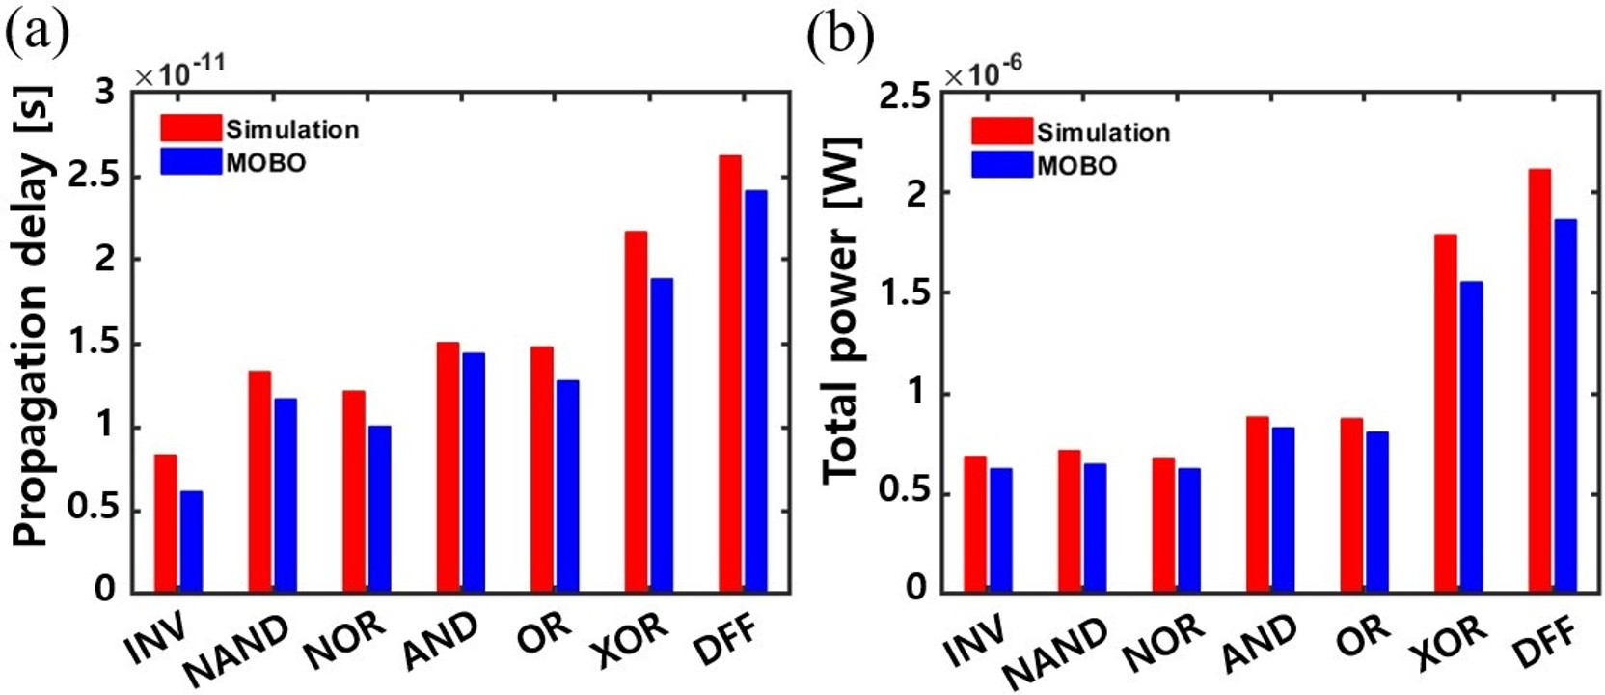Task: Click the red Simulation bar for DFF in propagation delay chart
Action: (x=730, y=373)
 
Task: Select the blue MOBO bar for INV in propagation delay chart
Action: (x=191, y=541)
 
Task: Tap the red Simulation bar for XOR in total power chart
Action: (x=1445, y=412)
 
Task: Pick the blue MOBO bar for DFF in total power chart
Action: (x=1564, y=404)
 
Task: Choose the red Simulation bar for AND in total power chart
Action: (x=1258, y=503)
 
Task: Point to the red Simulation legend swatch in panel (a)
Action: (x=191, y=128)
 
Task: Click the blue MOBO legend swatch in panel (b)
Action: (x=1002, y=164)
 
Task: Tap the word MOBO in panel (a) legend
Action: (x=266, y=162)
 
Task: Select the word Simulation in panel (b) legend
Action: (x=1103, y=132)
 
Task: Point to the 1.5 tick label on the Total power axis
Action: (x=903, y=293)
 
